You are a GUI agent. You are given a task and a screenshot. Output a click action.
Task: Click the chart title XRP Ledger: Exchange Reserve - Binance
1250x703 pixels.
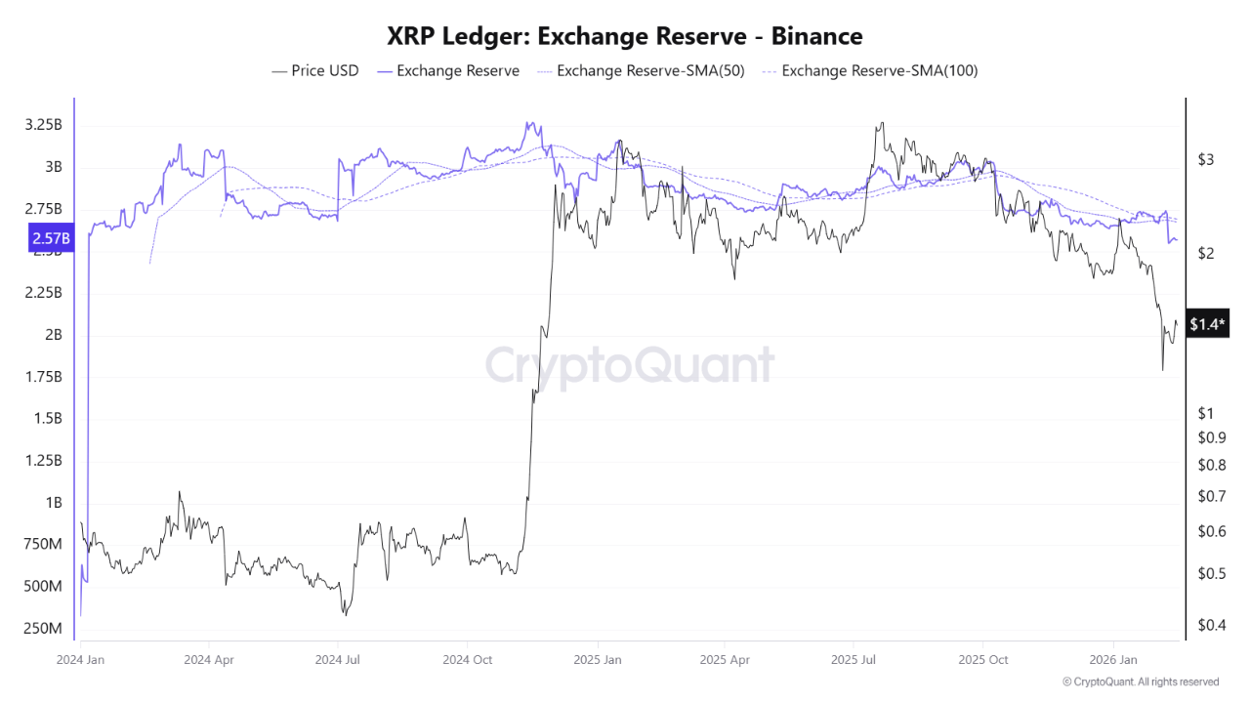624,36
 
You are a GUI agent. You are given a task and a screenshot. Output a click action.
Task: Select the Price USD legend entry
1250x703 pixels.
315,71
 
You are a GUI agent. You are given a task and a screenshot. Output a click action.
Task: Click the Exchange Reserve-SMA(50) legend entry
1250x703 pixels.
641,71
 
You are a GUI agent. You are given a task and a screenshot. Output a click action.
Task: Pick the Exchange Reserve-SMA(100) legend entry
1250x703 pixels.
870,71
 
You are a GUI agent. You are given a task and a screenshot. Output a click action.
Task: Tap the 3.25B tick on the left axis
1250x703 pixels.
44,124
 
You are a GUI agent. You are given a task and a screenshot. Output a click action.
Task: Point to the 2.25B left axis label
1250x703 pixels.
44,292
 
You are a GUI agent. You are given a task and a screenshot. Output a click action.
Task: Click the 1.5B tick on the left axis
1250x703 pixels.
48,419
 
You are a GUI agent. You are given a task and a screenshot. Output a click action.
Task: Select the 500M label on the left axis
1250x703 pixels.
43,587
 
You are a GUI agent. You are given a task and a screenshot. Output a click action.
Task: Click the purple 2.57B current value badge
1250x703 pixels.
51,238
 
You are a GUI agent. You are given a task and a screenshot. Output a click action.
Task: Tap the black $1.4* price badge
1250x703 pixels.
1207,323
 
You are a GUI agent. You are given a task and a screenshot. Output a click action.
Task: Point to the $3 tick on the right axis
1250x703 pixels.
1206,159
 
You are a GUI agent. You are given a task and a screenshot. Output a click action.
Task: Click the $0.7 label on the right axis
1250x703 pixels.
1212,495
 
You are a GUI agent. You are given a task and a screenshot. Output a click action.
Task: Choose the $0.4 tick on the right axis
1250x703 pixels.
1212,625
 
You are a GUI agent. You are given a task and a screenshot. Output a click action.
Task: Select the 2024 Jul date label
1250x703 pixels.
338,659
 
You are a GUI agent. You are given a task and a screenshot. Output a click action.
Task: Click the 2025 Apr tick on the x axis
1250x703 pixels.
725,659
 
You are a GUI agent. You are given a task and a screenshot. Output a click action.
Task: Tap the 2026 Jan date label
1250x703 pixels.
1113,659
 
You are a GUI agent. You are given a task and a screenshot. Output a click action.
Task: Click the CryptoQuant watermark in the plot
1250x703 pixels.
630,365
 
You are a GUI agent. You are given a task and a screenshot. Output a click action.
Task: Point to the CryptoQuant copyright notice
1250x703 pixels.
1141,682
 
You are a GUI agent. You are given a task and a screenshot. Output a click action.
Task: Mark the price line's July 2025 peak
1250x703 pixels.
882,123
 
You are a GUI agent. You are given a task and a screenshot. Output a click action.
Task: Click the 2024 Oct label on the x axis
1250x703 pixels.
467,659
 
